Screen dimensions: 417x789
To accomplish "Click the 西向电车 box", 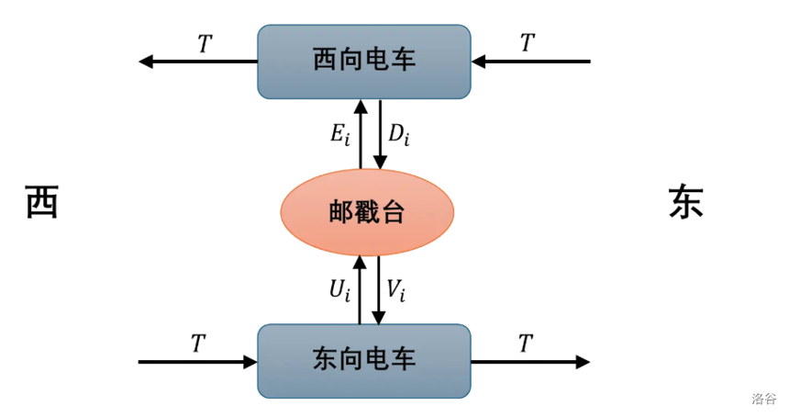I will coord(364,62).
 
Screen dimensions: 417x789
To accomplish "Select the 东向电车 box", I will coord(364,360).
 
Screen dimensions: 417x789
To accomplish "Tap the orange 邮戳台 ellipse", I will coord(367,212).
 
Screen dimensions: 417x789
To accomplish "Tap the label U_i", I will coord(340,290).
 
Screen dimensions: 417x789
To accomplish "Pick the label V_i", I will coord(395,290).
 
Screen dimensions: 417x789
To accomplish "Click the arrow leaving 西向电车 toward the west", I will coord(197,62).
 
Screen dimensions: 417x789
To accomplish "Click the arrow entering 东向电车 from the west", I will coord(197,362).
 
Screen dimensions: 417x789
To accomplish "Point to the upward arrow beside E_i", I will coord(361,134).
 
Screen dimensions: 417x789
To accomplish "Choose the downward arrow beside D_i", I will coord(378,134).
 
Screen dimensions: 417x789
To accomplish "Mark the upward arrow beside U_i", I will coord(361,289).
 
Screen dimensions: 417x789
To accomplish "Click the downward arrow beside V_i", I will coord(378,289).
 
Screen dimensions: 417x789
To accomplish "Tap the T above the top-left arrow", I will coord(204,43).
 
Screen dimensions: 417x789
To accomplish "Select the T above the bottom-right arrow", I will coord(525,344).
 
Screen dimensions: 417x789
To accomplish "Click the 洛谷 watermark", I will coord(763,399).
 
